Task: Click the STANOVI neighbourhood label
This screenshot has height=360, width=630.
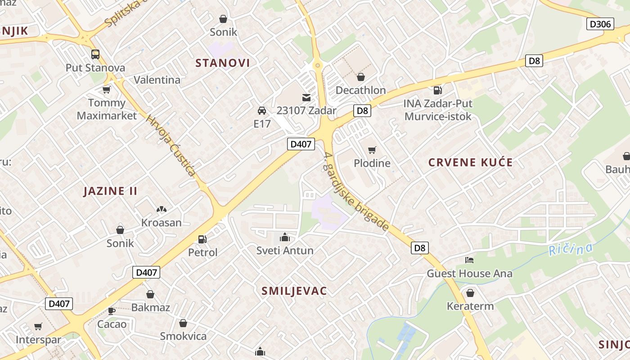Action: tap(222, 63)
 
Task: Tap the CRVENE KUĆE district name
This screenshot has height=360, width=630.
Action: tap(470, 162)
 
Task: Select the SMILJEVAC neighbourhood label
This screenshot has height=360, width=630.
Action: tap(294, 291)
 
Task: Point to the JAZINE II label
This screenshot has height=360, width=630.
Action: tap(110, 191)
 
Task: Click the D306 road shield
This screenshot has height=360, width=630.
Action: tap(600, 24)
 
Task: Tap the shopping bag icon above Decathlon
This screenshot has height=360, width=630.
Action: tap(360, 77)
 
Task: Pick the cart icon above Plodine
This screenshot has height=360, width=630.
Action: tap(372, 150)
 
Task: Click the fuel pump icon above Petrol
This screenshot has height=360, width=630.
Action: tap(202, 239)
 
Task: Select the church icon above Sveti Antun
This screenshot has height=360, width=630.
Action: tap(285, 237)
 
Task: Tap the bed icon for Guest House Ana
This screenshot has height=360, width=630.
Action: tap(469, 260)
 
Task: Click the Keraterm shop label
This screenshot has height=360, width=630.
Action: tap(470, 306)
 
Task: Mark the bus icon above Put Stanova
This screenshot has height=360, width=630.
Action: tap(95, 54)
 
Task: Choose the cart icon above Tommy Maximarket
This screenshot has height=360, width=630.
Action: tap(107, 90)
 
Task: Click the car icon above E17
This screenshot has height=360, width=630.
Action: tap(261, 110)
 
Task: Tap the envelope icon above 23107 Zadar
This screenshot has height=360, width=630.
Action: tap(306, 97)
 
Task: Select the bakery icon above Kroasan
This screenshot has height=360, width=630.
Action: tap(161, 209)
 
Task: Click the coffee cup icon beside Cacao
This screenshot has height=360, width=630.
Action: tap(112, 310)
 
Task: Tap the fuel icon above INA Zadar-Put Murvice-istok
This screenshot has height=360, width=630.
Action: tap(437, 90)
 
